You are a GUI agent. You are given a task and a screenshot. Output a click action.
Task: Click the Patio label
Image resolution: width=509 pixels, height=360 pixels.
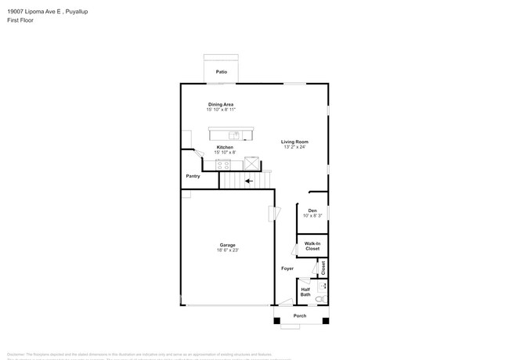pos(222,72)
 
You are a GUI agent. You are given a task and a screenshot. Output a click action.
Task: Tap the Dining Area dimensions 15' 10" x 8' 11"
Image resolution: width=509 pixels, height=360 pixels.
pos(221,110)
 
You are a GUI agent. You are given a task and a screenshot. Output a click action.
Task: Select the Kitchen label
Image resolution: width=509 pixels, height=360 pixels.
pos(225,147)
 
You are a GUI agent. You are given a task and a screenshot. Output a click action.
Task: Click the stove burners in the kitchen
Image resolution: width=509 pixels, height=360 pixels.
pos(223,164)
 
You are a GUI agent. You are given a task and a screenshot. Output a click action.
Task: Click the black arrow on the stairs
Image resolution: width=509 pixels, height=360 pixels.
pos(248,182)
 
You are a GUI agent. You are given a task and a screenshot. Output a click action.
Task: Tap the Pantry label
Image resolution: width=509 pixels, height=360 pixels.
pos(193,176)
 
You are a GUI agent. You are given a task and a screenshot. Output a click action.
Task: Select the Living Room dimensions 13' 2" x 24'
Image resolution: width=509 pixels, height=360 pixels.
pos(295,147)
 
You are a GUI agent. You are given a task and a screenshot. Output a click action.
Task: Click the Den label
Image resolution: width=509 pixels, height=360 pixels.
pos(312,211)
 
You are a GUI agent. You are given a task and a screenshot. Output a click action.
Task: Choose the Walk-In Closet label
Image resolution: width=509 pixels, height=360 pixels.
pos(312,246)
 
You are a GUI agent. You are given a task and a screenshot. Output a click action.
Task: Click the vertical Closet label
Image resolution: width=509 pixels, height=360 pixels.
pos(323,268)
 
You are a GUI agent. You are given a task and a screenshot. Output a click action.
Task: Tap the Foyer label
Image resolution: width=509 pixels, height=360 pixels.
pos(287,268)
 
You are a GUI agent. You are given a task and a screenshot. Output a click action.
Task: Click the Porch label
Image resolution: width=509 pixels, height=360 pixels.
pos(300,316)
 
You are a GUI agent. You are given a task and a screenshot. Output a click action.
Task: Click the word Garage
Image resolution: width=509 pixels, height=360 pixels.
pos(227,245)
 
